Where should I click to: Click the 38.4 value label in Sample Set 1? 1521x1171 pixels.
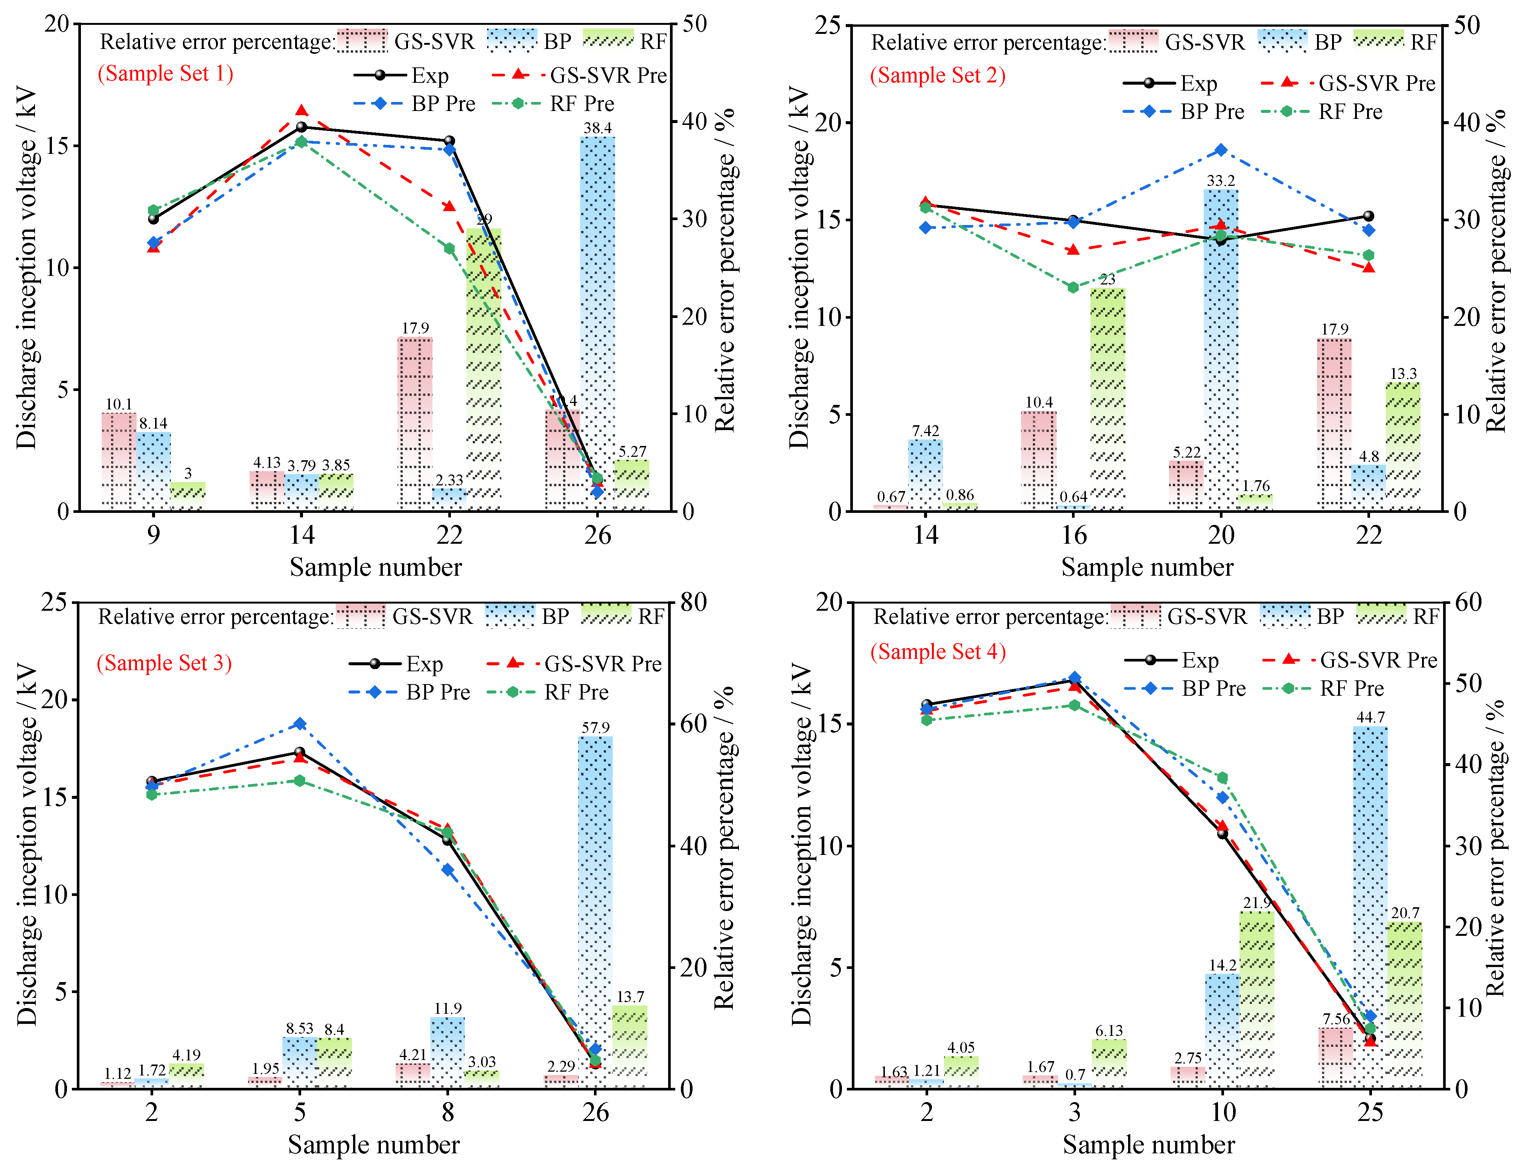click(598, 128)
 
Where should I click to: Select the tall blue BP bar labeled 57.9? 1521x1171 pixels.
click(595, 905)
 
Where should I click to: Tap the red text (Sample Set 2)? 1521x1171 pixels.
click(937, 75)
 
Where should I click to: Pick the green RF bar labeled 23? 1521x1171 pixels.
click(1107, 397)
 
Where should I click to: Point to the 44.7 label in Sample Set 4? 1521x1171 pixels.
click(1370, 717)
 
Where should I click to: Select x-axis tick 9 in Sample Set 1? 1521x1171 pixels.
click(153, 535)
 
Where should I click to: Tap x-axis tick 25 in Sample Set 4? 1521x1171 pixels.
click(1370, 1112)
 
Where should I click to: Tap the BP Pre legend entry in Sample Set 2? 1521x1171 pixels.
click(1183, 111)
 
